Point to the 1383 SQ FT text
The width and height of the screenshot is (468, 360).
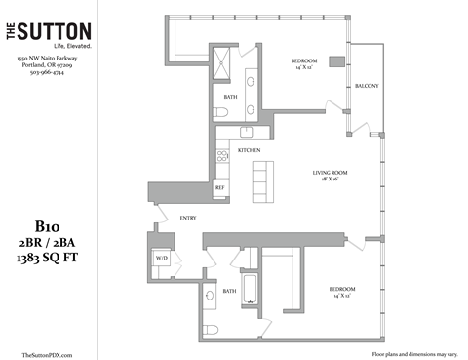(x=47, y=258)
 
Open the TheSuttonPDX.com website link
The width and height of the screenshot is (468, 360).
(x=47, y=353)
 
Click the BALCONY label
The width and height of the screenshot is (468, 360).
(x=367, y=86)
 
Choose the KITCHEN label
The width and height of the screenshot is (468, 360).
(x=248, y=151)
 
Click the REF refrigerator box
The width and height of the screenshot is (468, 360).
(x=220, y=186)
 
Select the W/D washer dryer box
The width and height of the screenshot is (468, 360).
(x=162, y=259)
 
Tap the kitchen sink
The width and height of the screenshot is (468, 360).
(x=247, y=132)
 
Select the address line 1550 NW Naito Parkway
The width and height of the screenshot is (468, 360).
(x=47, y=59)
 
